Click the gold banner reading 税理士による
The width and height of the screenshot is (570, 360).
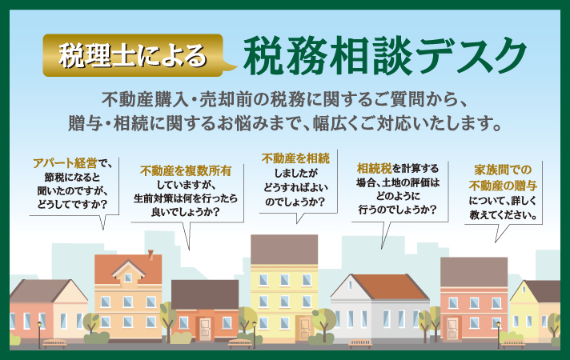[x=133, y=55]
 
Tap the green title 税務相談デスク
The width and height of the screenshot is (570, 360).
[x=385, y=55]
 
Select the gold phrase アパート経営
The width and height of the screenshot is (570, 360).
[x=65, y=163]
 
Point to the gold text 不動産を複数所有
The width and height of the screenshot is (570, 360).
[x=186, y=170]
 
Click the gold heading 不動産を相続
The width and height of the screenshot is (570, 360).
[x=295, y=158]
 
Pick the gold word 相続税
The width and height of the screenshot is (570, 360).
[x=375, y=168]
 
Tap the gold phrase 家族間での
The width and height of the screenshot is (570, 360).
[x=503, y=170]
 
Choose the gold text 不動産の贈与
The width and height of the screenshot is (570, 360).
[x=503, y=186]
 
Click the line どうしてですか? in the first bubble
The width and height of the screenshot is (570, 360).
[x=72, y=204]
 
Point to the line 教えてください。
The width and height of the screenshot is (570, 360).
[x=503, y=215]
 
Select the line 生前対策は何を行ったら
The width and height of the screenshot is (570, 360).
[x=186, y=198]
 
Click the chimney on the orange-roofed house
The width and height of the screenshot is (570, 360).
[x=151, y=254]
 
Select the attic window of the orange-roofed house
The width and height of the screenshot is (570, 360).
[x=128, y=278]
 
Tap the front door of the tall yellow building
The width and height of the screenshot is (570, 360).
[x=305, y=328]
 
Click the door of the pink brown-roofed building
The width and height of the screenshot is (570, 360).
[x=452, y=328]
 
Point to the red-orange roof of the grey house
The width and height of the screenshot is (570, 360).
[x=389, y=286]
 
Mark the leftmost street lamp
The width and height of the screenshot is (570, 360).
[x=39, y=334]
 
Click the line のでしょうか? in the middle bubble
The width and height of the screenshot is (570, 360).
[x=295, y=202]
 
